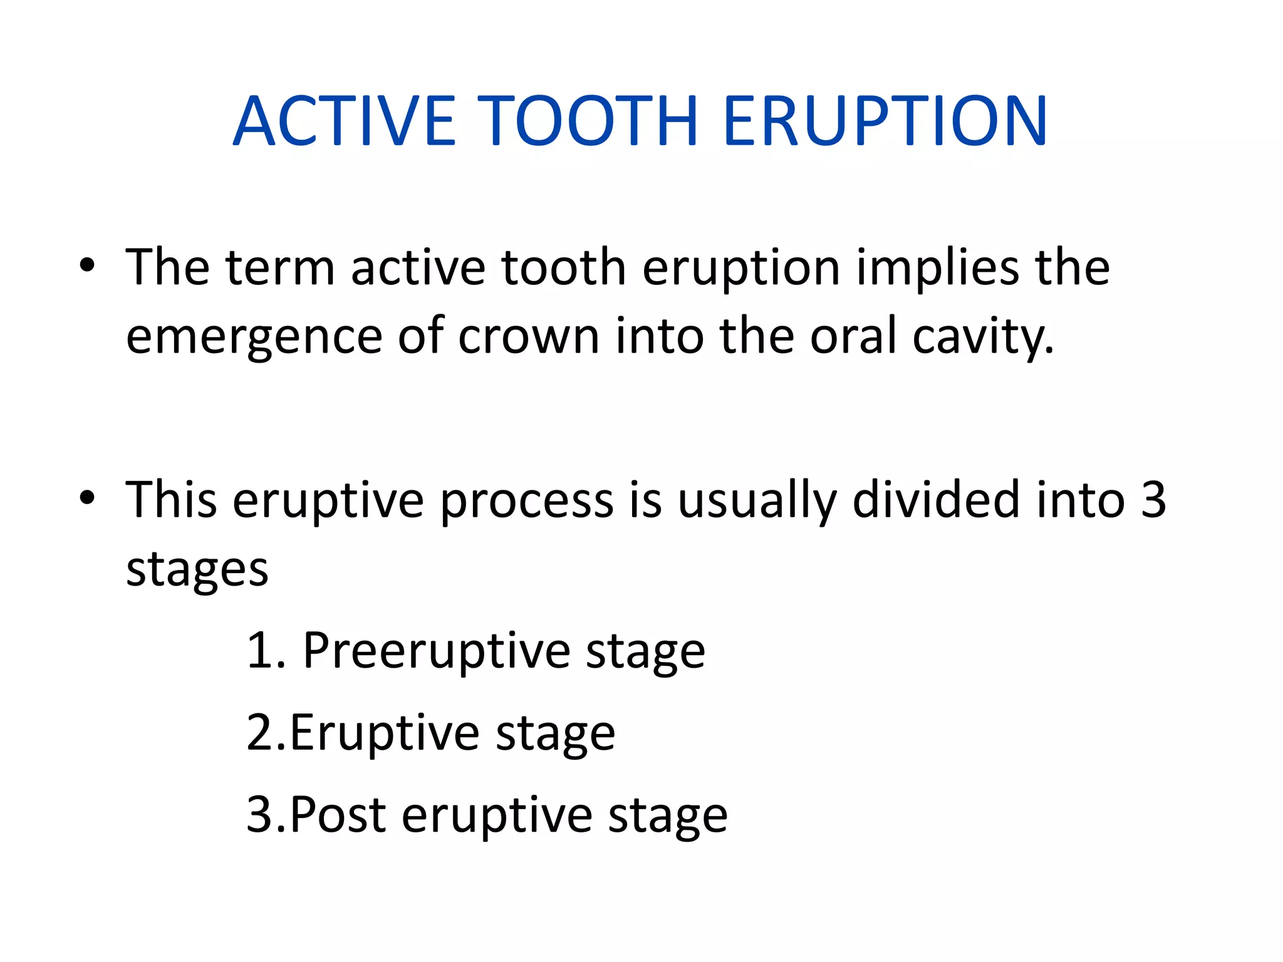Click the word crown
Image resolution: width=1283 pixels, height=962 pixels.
click(x=528, y=337)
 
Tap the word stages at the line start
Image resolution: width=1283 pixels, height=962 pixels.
click(x=197, y=570)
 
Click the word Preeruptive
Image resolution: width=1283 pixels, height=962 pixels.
click(x=436, y=651)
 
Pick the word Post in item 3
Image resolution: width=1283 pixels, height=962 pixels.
click(x=337, y=815)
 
